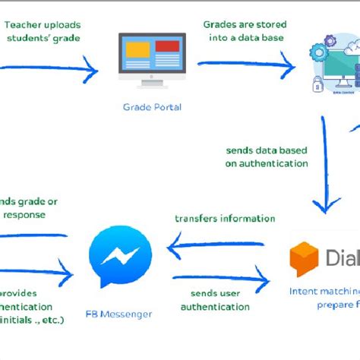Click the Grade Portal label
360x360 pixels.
[x=152, y=107]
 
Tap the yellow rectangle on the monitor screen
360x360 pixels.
[x=137, y=51]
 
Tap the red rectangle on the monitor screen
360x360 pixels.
[x=166, y=46]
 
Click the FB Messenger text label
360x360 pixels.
[x=119, y=314]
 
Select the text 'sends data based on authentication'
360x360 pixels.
[x=267, y=156]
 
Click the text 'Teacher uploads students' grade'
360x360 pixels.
[x=44, y=31]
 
